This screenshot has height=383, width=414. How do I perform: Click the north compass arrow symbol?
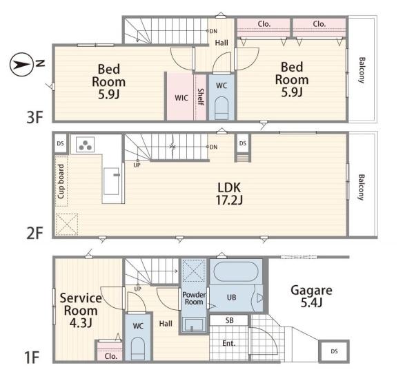coord(21,65)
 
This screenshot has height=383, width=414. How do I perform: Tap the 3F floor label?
coord(34,117)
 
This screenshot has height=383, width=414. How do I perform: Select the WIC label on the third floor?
coord(181,98)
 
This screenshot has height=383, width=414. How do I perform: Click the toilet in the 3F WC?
coord(221,108)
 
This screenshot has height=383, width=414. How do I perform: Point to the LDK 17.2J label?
coord(229,194)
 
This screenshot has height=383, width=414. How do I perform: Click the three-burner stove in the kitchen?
coord(86,145)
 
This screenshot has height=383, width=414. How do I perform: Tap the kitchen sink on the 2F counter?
coord(111,181)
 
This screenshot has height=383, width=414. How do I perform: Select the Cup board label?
coord(61,182)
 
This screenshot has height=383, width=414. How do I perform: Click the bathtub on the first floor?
coord(236,272)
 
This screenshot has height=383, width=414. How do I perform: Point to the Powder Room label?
coord(194,298)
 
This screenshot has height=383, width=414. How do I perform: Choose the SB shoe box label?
coord(230,320)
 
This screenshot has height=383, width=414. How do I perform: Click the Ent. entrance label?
coord(228,343)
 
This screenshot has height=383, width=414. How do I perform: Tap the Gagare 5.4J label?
coord(312,296)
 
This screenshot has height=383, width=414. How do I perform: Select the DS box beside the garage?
coord(334,351)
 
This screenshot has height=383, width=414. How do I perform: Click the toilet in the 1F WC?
coord(138,349)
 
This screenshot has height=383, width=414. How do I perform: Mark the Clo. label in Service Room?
coord(111,356)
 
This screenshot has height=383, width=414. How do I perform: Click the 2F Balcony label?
coord(361,187)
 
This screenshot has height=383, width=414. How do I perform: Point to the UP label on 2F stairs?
coord(137,165)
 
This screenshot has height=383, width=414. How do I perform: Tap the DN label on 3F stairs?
coord(213,31)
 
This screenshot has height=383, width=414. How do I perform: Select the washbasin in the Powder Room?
coord(194,324)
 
